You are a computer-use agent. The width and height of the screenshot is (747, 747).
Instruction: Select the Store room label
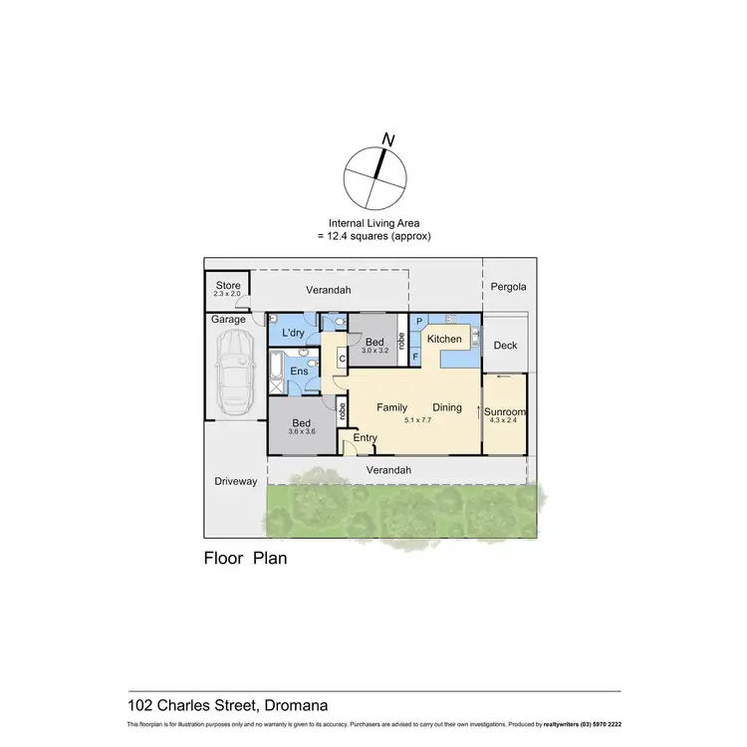point(228,286)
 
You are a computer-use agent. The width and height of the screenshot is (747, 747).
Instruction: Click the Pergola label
point(508,287)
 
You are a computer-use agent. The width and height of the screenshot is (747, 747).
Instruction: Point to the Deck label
point(506,346)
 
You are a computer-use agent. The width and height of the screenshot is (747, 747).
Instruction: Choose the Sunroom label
point(505,412)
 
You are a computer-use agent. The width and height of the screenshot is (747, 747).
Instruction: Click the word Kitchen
point(444,339)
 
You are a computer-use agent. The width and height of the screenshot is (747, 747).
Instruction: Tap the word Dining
point(447,407)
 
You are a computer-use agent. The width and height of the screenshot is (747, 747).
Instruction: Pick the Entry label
point(366,438)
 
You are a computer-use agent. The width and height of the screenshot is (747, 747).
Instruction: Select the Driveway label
point(236,481)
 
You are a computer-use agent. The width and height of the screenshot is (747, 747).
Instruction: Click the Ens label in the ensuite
point(298,372)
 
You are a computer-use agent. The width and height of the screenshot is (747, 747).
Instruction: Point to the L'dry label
point(293,333)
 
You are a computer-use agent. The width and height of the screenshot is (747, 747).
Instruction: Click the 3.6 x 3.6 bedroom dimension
point(302,431)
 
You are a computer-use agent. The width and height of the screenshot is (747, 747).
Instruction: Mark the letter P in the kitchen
point(418,323)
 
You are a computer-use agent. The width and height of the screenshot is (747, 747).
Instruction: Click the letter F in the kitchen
point(415,355)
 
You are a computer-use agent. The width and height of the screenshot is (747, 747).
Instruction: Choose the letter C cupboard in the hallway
point(342,359)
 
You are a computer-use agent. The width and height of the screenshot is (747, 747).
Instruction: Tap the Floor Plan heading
point(245,558)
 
